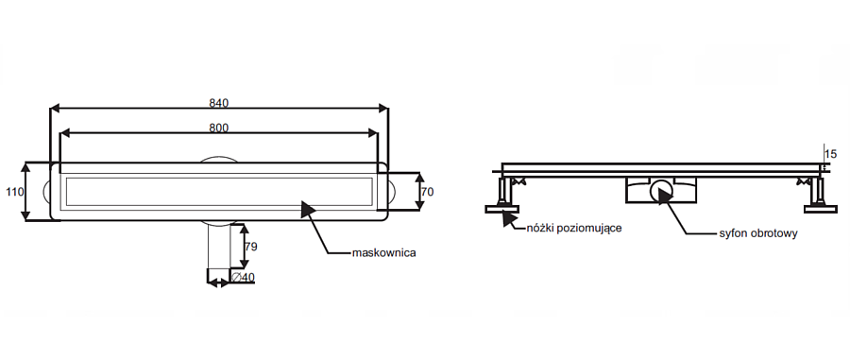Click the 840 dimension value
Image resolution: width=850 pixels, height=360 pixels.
click(x=219, y=102)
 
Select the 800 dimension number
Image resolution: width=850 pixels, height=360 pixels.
click(x=219, y=128)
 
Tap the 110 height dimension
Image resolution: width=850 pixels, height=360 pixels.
click(x=14, y=192)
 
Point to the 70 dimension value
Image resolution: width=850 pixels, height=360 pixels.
click(x=427, y=192)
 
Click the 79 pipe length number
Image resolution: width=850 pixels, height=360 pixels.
click(x=250, y=247)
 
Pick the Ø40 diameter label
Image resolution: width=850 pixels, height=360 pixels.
click(x=243, y=278)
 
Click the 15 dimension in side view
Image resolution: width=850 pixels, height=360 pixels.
click(x=829, y=154)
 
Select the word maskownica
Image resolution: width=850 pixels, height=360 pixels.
click(x=383, y=252)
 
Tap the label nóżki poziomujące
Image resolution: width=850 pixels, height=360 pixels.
click(x=574, y=229)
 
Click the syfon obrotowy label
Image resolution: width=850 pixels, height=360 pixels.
click(x=757, y=233)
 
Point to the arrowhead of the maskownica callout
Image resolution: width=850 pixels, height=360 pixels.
click(x=308, y=209)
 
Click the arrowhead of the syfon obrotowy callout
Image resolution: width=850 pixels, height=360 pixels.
click(x=664, y=196)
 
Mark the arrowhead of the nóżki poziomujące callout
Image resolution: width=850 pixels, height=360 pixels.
click(x=508, y=219)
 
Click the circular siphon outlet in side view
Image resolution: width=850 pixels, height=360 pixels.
click(x=661, y=191)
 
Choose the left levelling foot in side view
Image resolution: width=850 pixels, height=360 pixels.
click(x=502, y=195)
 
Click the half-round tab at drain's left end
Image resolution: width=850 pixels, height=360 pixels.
click(x=46, y=192)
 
